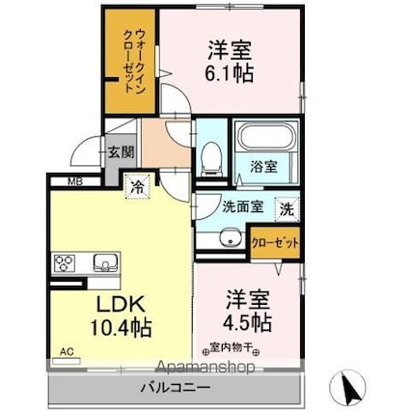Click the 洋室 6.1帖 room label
(229, 61)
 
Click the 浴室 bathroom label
(264, 165)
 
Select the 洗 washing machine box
(287, 205)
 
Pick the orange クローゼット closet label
(275, 242)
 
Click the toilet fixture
(211, 155)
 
